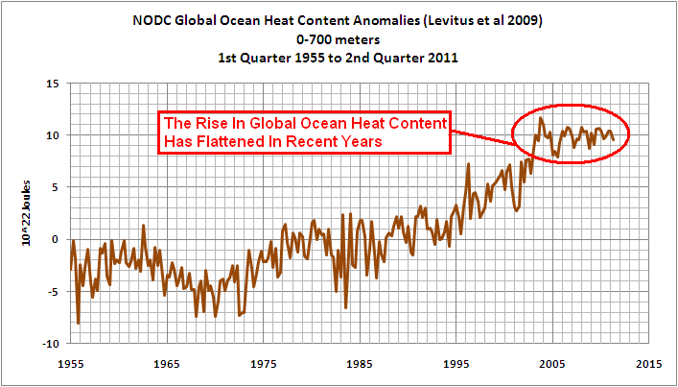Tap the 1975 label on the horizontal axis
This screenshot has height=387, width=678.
point(263,366)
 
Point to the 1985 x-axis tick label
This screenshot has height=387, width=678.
point(359,366)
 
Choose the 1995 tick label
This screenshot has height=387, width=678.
point(456,366)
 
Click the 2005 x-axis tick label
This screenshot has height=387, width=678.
point(551,366)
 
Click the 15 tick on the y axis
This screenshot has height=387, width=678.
point(52,84)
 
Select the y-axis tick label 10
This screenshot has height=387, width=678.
point(52,135)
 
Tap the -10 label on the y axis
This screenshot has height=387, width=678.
point(49,344)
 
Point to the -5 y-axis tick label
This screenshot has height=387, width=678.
point(52,292)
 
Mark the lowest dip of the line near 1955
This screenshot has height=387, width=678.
point(78,324)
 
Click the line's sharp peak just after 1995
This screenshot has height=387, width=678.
point(468,164)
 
